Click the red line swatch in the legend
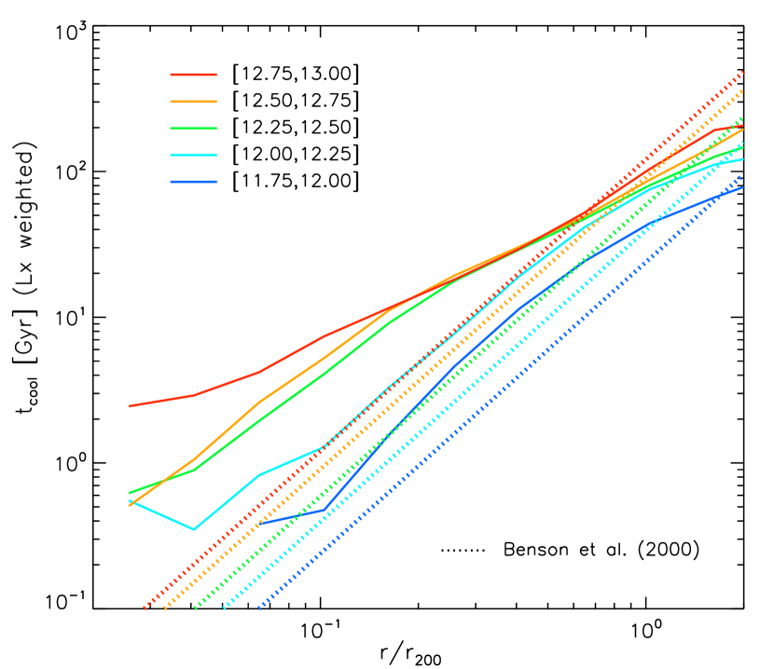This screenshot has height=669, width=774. (193, 75)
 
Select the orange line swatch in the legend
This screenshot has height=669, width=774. (193, 102)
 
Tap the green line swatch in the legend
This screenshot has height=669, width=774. (193, 129)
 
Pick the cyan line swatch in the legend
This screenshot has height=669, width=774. (193, 156)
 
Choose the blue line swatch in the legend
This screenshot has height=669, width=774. (193, 183)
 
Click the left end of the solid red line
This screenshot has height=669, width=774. (129, 406)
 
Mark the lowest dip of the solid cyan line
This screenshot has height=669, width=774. (194, 529)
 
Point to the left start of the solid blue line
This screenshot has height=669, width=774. (259, 524)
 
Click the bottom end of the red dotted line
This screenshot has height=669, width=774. (145, 608)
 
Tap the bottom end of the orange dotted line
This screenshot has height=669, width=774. (164, 609)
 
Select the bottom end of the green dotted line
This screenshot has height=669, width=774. (195, 608)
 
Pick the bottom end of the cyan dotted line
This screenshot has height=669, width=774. (224, 608)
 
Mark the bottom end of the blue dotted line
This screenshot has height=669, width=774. (259, 608)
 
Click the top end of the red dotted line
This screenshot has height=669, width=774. (744, 71)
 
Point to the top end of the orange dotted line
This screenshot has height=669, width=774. (743, 91)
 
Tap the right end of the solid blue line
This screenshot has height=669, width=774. (743, 187)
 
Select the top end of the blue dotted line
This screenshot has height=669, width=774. (744, 175)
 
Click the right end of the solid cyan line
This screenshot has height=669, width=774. (743, 159)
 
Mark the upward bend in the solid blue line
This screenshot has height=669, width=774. (325, 510)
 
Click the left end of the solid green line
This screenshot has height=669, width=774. (129, 493)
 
